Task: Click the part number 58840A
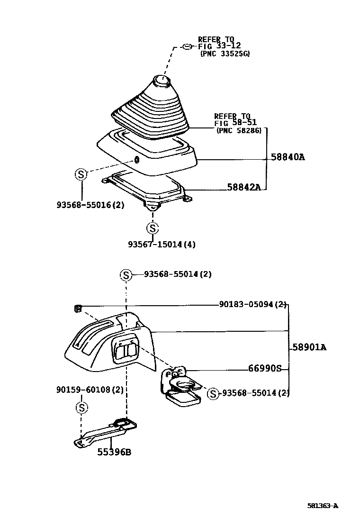tap(288, 157)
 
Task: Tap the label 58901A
tap(309, 347)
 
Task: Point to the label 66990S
tap(265, 368)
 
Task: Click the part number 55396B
tap(114, 452)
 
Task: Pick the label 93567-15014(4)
tap(162, 245)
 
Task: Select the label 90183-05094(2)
tap(253, 305)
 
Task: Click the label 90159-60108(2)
tap(90, 390)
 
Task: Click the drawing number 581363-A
tap(323, 506)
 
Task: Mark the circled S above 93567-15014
tap(152, 228)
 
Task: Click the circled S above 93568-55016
tap(81, 174)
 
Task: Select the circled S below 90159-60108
tap(81, 408)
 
